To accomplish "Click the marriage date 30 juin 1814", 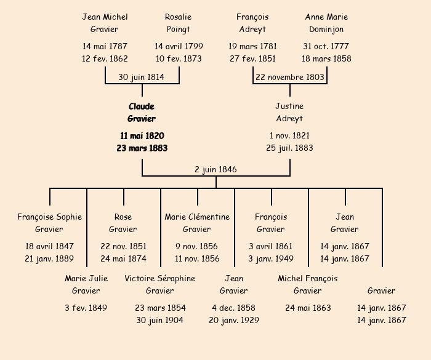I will (x=142, y=77).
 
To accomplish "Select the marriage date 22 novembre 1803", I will (x=289, y=77).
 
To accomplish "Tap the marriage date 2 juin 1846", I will (x=216, y=169).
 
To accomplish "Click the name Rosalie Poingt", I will (x=179, y=23).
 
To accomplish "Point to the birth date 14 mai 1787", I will (x=105, y=46).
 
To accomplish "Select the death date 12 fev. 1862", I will (x=105, y=58).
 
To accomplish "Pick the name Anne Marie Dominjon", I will (x=326, y=23).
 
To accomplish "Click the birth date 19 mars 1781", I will (x=252, y=46).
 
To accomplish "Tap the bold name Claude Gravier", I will (x=142, y=113).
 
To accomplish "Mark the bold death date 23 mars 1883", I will (x=142, y=148).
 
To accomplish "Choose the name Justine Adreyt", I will (x=289, y=113).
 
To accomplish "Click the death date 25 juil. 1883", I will (x=289, y=148).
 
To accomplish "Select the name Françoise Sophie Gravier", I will (x=49, y=223).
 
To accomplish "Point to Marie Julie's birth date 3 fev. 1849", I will (x=86, y=308).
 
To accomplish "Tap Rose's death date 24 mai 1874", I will (x=123, y=258).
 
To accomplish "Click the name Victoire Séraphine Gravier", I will (x=160, y=284).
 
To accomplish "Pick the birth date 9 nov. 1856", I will (x=197, y=246).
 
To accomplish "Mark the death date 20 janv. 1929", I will (x=234, y=320).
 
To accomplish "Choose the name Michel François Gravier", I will (x=308, y=284).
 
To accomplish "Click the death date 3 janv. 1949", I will (x=271, y=258).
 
